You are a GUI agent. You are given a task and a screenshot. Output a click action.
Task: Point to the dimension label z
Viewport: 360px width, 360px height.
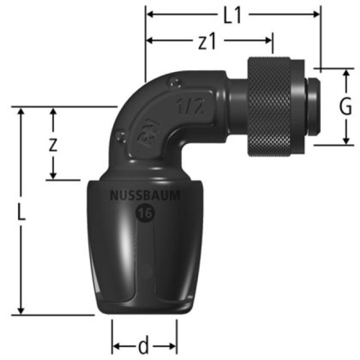point(52,145)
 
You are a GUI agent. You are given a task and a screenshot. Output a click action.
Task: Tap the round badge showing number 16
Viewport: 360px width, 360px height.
point(143,213)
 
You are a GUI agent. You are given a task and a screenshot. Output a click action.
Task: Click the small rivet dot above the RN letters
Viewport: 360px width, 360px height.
point(121,135)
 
